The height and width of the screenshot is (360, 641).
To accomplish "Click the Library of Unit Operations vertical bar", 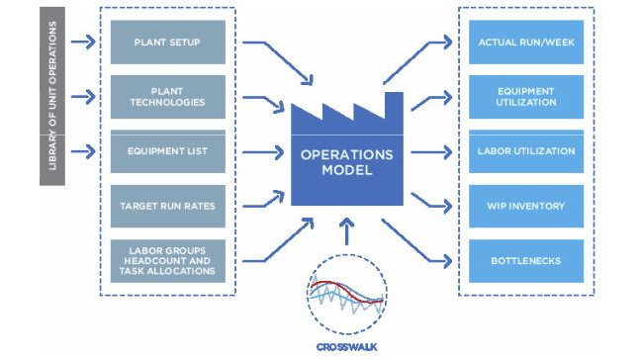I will pos(52,96).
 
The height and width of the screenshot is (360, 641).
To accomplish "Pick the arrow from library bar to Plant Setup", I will pos(85,43).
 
